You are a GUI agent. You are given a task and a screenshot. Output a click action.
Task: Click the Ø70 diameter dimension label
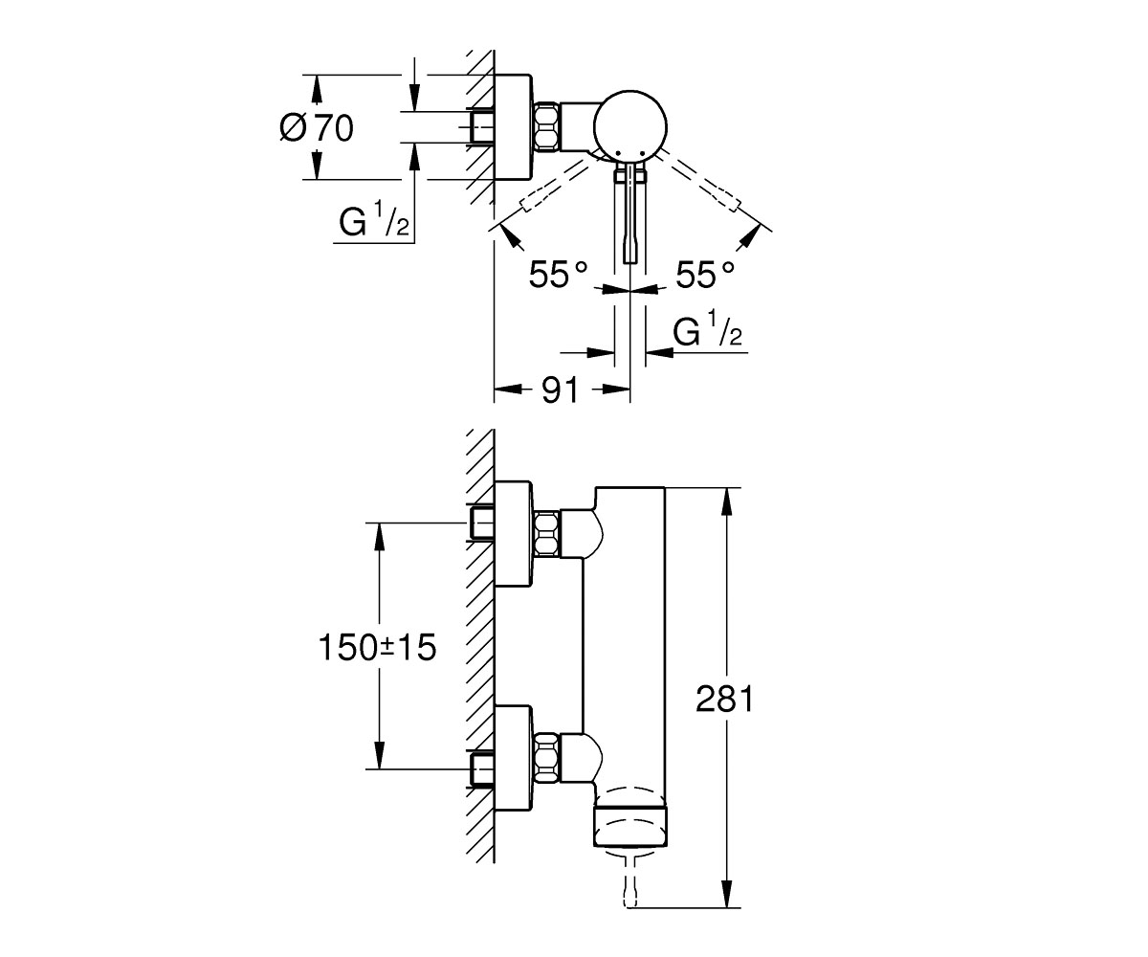317,128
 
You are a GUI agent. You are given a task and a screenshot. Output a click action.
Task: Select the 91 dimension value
561,390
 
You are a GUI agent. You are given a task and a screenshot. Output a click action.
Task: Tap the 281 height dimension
724,700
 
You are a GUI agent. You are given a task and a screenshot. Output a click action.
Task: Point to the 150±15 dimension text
377,647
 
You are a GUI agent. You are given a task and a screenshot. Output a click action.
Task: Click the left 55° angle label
558,275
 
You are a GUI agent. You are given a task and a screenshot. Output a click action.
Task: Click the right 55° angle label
705,275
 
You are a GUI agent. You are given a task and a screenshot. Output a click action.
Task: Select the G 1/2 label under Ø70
374,219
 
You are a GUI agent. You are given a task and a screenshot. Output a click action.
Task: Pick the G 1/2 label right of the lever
708,328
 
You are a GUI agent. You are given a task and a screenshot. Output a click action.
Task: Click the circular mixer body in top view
630,127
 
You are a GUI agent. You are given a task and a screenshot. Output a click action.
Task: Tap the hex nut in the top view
546,127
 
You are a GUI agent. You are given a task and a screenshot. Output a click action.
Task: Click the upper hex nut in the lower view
546,532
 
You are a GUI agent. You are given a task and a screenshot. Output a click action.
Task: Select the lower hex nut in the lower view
546,757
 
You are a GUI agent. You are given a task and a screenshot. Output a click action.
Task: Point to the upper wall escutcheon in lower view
514,534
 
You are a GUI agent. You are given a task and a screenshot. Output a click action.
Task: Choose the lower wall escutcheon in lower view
514,759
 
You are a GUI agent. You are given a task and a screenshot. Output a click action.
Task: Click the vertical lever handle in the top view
630,212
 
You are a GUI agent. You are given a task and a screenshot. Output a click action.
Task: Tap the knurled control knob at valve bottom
631,826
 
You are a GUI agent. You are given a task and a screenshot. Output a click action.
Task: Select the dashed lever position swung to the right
700,181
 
